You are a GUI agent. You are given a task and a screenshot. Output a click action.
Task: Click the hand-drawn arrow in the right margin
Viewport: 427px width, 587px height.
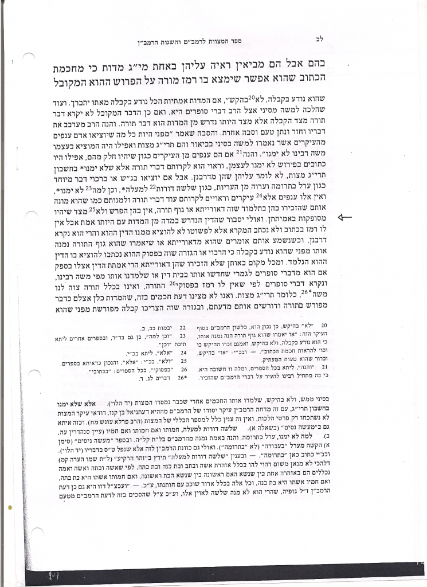point(348,217)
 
